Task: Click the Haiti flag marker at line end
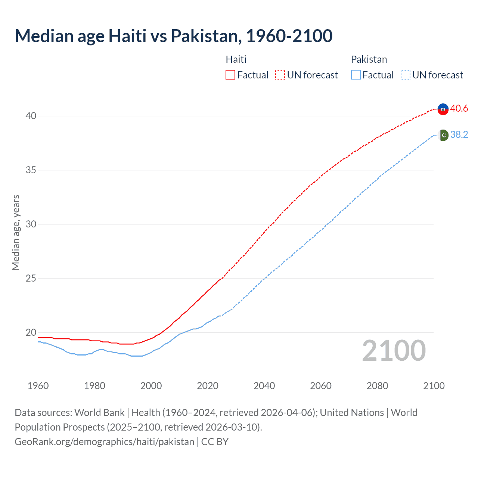(x=443, y=109)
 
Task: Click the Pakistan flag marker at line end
(x=443, y=135)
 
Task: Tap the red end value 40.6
(x=459, y=109)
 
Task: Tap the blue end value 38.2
(x=459, y=135)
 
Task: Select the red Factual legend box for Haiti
(x=230, y=75)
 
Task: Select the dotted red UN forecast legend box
(x=280, y=75)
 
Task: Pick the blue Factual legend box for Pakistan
(x=356, y=75)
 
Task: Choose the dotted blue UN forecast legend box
(x=406, y=75)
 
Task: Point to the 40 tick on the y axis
(x=31, y=116)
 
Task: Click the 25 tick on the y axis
(x=31, y=279)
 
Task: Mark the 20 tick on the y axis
(x=31, y=333)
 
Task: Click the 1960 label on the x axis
(x=38, y=386)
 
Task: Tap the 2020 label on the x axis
(x=208, y=386)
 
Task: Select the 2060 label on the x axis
(x=321, y=386)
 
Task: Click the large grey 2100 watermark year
(x=394, y=351)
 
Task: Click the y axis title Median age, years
(x=16, y=232)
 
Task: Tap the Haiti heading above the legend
(x=236, y=59)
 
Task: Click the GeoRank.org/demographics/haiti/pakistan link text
(x=104, y=442)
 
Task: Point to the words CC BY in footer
(x=215, y=442)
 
